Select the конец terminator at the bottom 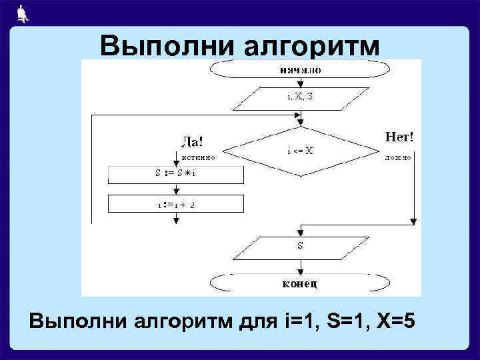(x=298, y=283)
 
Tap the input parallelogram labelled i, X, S (x=299, y=98)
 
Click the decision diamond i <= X (x=301, y=151)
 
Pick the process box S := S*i (x=175, y=174)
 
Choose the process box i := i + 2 (x=175, y=204)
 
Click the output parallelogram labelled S (x=299, y=246)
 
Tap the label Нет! (x=400, y=137)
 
